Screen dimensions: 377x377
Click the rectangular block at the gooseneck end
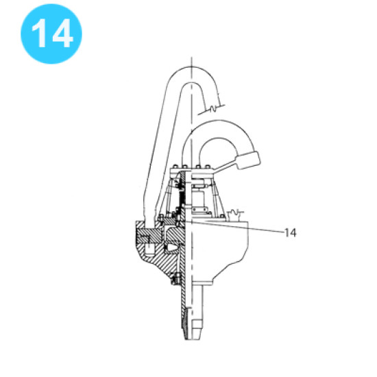[x=247, y=162]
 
